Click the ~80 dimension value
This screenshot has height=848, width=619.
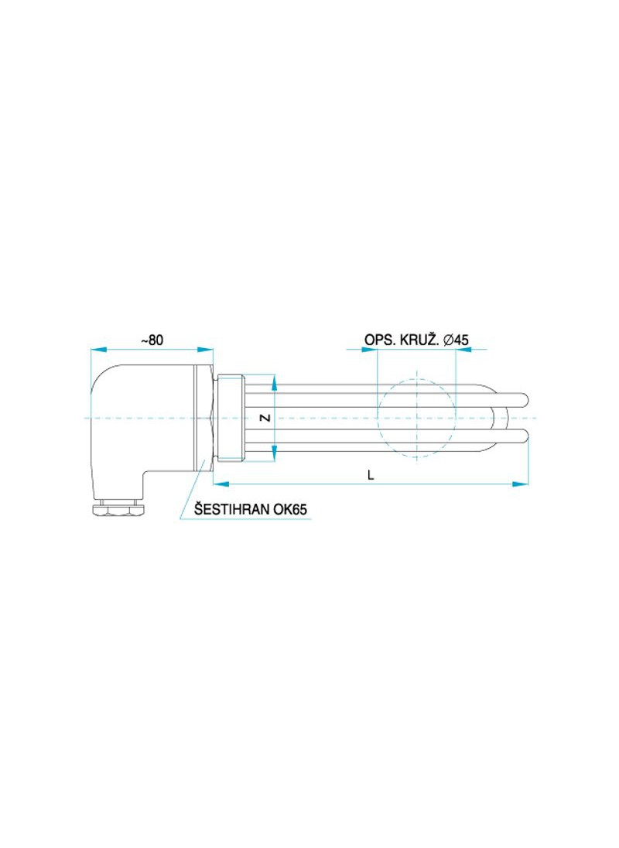point(152,340)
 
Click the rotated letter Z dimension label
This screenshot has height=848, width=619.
point(265,418)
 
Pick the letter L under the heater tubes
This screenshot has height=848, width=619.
point(371,475)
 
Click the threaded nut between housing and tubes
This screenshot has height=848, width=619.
point(231,418)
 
